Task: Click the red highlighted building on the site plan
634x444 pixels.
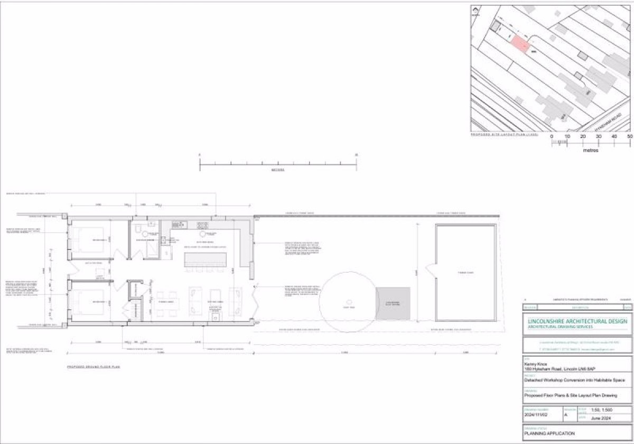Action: click(x=520, y=45)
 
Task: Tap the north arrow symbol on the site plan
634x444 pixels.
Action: click(x=475, y=12)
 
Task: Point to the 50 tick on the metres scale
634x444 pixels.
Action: click(x=630, y=136)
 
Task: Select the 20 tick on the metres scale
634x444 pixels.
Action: click(x=583, y=136)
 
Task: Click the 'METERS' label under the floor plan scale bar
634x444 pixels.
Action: click(x=278, y=170)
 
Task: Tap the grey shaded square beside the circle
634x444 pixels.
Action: click(x=393, y=303)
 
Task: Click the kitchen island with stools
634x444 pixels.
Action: click(x=205, y=260)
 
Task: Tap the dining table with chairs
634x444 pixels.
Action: click(x=165, y=303)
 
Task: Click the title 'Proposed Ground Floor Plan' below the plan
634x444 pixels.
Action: click(x=93, y=366)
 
